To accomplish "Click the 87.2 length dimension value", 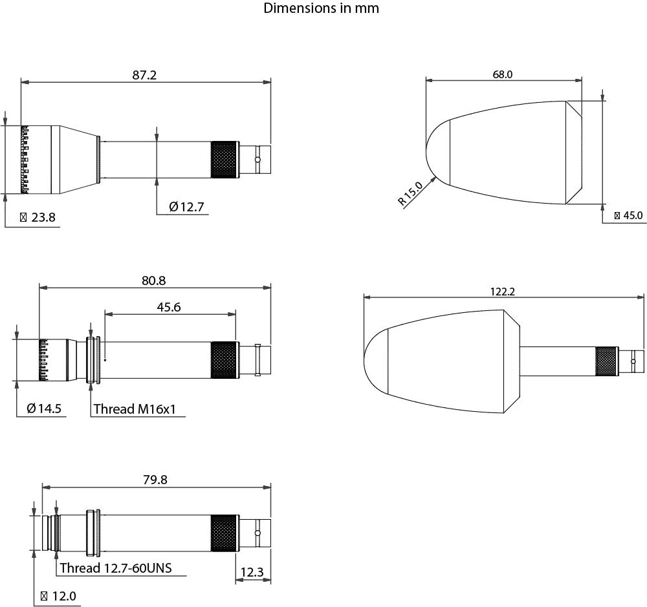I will (144, 75).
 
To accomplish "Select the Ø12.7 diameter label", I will (186, 207).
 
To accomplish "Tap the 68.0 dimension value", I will (503, 74).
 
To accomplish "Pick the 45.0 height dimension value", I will (628, 215).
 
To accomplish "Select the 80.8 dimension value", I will (154, 281).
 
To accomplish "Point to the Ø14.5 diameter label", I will (44, 409).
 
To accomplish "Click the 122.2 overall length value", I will (502, 292).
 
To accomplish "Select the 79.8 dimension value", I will (155, 480).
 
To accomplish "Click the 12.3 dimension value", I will (252, 572).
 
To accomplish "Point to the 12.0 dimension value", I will (58, 596).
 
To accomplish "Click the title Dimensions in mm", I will (321, 8).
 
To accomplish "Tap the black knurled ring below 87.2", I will (224, 159).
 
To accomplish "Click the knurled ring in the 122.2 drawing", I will (607, 361).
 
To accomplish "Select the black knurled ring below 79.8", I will (224, 533).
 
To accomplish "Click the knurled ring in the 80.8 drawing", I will (224, 359).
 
